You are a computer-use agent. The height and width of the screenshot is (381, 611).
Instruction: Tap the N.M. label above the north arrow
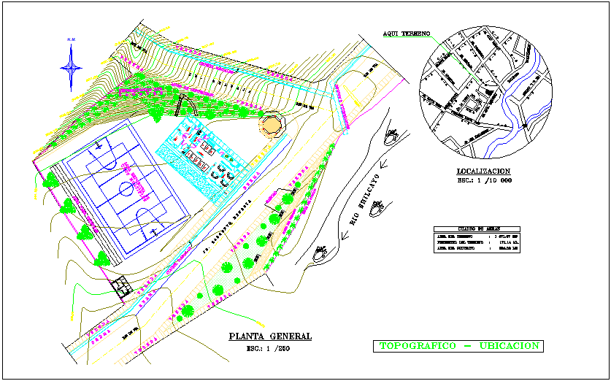pos(72,39)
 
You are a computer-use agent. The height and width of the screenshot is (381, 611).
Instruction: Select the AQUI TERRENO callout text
pos(407,34)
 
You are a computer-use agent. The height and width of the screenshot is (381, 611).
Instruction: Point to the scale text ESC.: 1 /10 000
pos(483,180)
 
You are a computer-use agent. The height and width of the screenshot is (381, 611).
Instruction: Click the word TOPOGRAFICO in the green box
pos(418,345)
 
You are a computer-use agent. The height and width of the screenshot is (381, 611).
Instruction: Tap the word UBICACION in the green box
pos(510,345)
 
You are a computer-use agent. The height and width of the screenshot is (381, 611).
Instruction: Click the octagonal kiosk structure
pos(272,123)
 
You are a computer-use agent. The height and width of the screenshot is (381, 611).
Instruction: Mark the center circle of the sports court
pos(126,188)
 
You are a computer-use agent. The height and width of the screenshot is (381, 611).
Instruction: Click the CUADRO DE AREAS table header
pos(477,229)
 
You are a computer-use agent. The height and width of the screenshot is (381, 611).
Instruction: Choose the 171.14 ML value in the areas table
pos(504,242)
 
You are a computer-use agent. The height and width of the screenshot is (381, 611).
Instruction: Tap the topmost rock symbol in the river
pos(393,134)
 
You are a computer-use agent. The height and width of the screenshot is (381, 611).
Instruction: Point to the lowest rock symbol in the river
pos(320,254)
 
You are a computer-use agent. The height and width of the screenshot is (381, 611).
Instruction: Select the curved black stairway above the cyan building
pos(180,106)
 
